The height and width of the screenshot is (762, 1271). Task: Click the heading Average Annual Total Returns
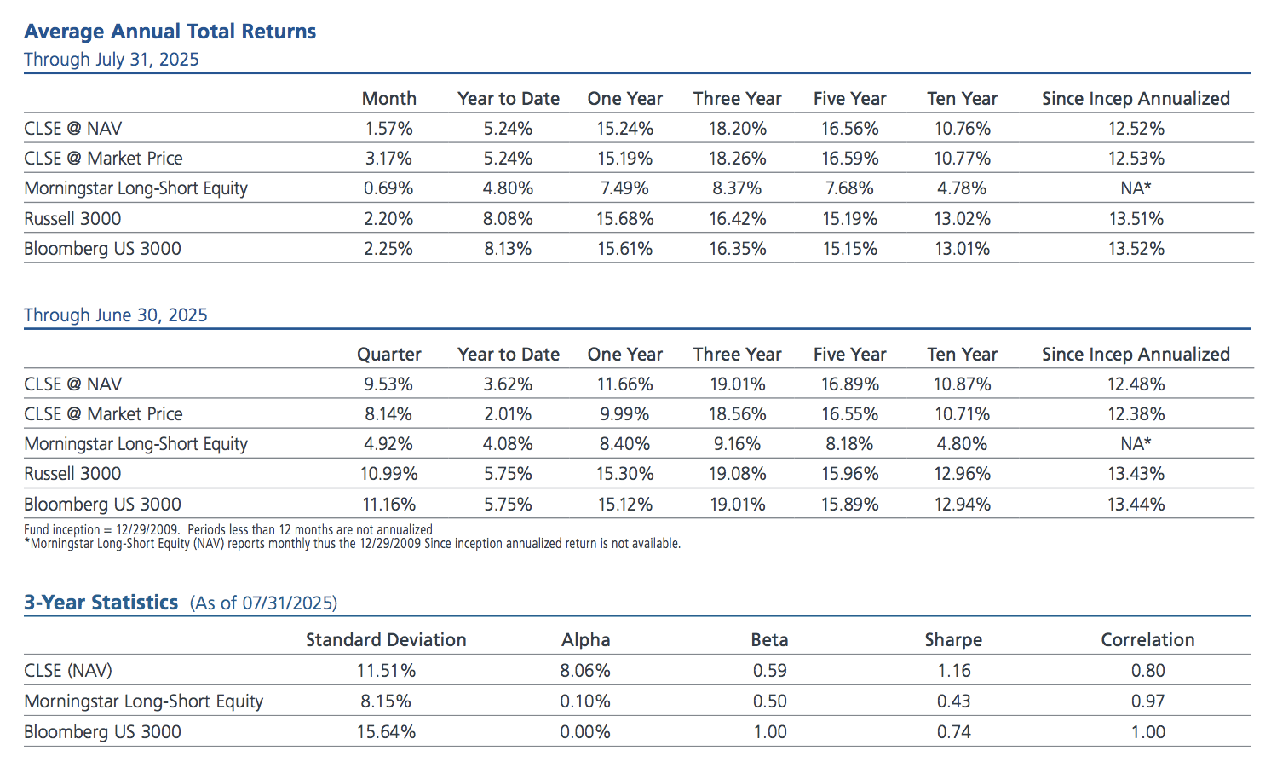(x=170, y=32)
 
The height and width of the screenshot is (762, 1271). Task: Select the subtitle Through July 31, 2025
(x=112, y=60)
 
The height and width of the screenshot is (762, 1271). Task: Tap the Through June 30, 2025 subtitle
(x=116, y=315)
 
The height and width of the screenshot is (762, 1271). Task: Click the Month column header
(x=388, y=99)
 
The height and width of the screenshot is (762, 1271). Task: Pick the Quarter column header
(x=388, y=355)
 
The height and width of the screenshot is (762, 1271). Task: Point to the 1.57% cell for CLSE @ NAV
(x=388, y=129)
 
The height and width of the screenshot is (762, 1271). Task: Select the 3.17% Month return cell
(x=388, y=159)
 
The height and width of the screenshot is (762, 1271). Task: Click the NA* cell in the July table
(x=1136, y=188)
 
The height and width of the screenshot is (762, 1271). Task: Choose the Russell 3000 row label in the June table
(x=72, y=474)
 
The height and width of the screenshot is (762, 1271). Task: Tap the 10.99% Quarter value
(x=388, y=474)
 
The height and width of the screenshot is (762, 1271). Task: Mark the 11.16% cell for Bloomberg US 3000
(x=388, y=505)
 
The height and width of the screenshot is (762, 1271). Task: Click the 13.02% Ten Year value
(x=962, y=219)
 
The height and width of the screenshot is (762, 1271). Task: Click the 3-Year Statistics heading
(x=101, y=603)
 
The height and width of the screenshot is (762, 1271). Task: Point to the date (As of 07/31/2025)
(x=263, y=603)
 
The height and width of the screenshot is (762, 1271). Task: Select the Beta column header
(x=769, y=640)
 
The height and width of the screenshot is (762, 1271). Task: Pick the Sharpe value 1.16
(x=953, y=671)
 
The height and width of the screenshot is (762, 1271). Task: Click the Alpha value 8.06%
(x=585, y=671)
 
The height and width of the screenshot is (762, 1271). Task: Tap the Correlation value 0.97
(x=1147, y=701)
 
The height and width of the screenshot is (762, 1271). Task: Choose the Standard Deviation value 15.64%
(x=386, y=732)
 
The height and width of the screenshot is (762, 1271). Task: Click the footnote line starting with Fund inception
(x=228, y=530)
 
